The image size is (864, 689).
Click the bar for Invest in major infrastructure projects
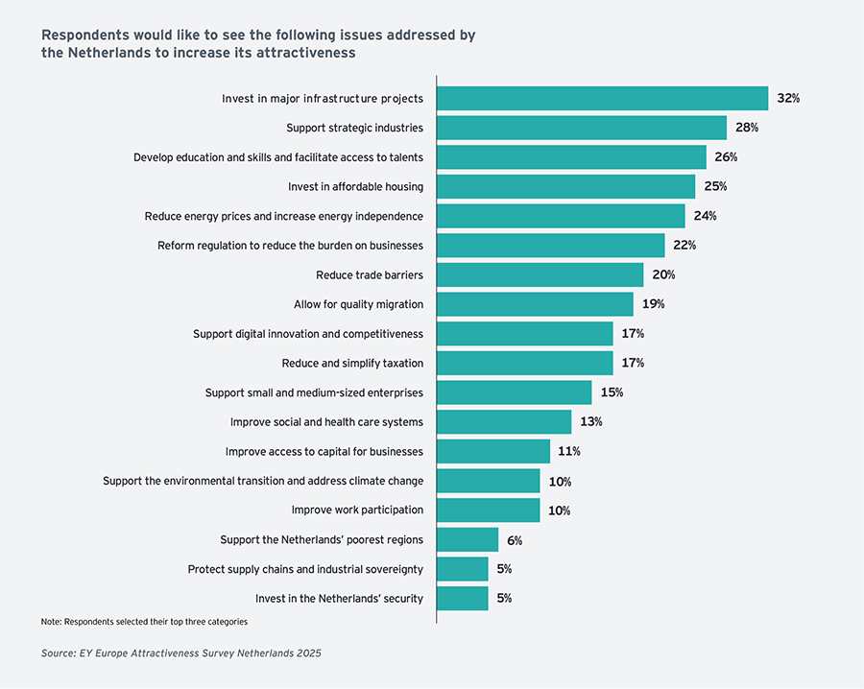pos(602,99)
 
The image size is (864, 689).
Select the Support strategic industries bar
pos(581,128)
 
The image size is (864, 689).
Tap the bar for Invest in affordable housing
pos(565,186)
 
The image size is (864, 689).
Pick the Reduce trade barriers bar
pos(540,275)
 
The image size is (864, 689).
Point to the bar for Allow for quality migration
pos(535,304)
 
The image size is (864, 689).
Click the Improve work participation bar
pos(488,511)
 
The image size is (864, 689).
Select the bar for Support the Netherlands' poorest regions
pos(468,539)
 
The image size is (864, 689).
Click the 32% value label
pos(788,99)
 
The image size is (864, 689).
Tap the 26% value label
pos(726,157)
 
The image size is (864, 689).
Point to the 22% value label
pos(684,246)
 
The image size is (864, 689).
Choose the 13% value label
pos(591,422)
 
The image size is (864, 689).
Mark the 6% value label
pos(515,540)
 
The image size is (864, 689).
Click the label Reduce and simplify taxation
pos(352,364)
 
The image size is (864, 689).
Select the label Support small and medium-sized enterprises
pos(314,392)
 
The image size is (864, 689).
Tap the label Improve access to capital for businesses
pos(324,452)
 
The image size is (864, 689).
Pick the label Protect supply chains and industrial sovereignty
pos(305,569)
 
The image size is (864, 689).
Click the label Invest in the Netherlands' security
pos(339,599)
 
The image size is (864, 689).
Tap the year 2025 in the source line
pos(307,653)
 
